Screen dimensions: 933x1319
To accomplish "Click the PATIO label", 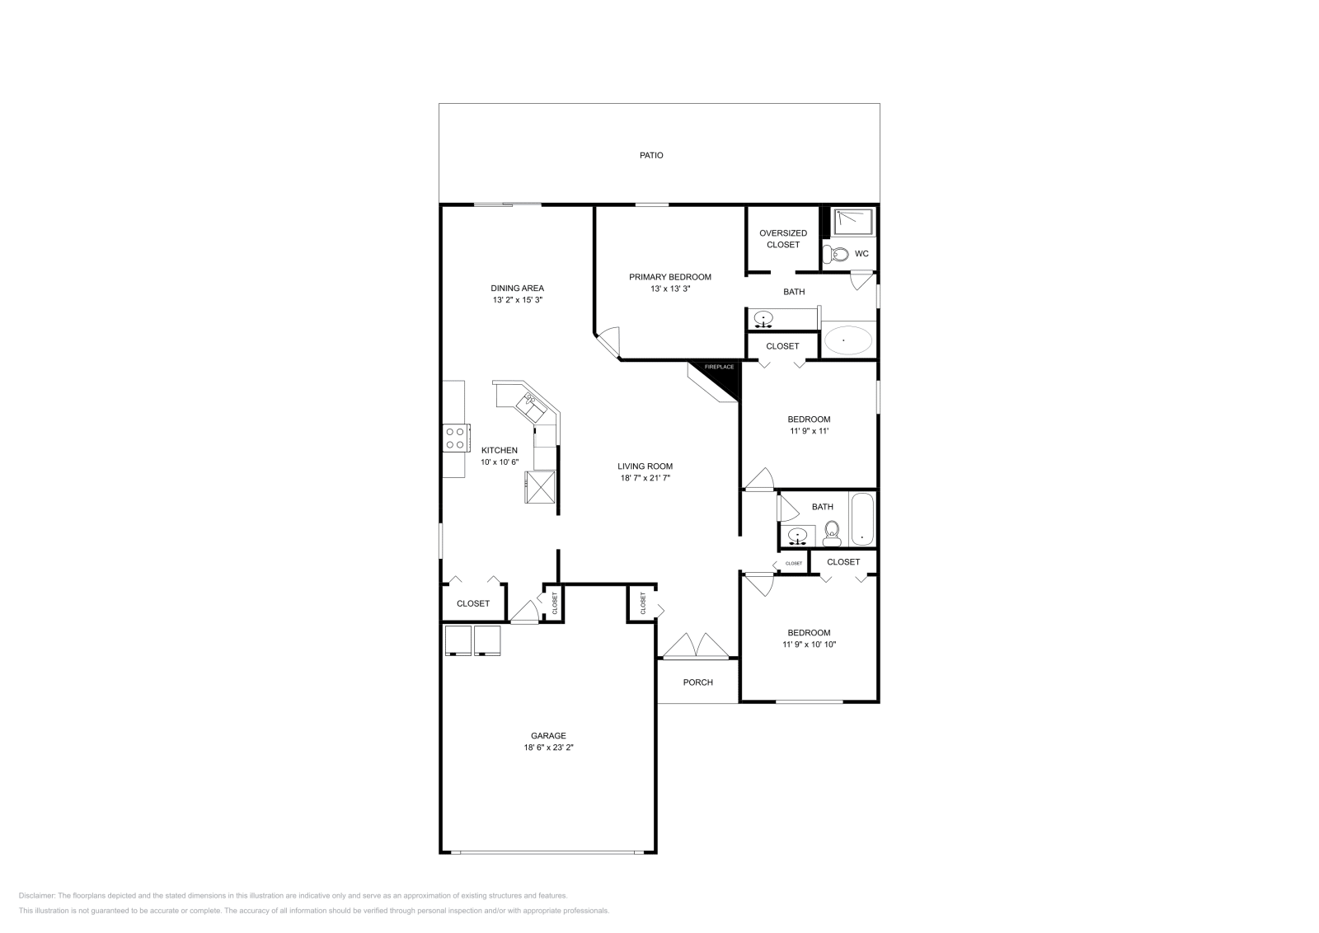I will coord(651,155).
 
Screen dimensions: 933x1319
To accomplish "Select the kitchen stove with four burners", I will coord(455,437).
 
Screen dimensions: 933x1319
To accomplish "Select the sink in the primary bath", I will coord(764,319).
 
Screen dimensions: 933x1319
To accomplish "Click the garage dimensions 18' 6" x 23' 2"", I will coord(548,748).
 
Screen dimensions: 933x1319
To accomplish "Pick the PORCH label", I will coord(697,682).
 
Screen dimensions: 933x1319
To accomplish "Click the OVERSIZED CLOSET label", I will coord(782,239).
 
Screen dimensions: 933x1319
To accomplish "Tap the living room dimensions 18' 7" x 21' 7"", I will coord(645,478).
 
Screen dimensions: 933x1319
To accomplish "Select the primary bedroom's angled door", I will coord(608,340).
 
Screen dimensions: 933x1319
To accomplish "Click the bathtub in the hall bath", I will coord(862,519).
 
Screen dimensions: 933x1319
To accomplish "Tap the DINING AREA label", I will coord(517,288).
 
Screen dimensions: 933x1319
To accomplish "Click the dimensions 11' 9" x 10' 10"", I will coord(809,645).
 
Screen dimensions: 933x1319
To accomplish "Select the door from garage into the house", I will coord(523,613).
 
